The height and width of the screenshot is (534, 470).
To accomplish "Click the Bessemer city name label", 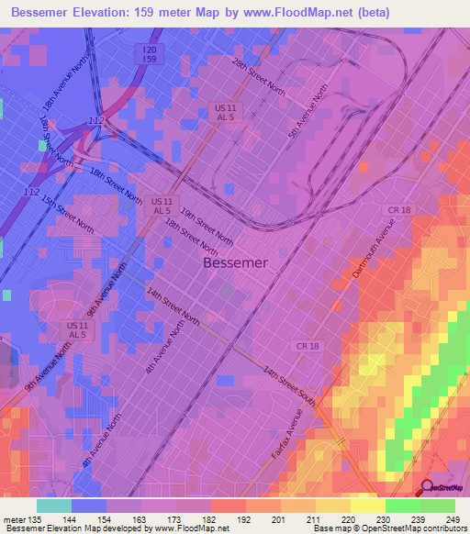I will point(235,263).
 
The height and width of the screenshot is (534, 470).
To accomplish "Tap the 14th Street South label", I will point(289,386).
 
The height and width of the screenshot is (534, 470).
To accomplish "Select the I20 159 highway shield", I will point(149,52).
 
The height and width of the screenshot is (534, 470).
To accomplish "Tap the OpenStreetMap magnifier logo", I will point(428,490).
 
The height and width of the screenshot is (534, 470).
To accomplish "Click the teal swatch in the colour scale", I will point(53,505).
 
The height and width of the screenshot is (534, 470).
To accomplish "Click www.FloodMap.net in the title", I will point(290,13).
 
